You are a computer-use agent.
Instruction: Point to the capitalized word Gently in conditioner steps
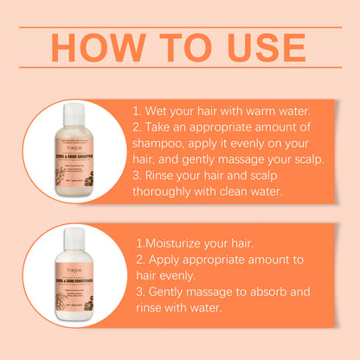177,292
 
